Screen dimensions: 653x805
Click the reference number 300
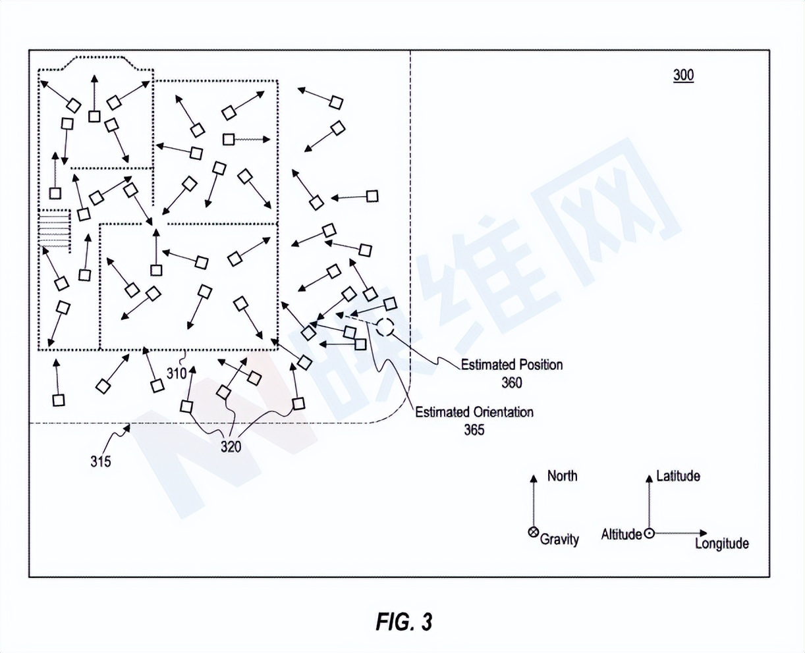point(683,75)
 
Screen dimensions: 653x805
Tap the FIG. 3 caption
point(404,621)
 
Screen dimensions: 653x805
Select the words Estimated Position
point(512,365)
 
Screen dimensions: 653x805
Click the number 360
point(511,382)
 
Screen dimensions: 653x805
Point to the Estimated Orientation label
point(474,412)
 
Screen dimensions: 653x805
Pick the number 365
point(474,430)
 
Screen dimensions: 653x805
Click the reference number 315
point(101,461)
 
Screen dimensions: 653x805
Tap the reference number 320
point(231,447)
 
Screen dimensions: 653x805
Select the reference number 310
point(177,374)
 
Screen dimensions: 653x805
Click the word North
point(562,476)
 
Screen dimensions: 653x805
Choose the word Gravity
point(559,539)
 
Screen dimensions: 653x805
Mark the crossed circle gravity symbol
point(534,533)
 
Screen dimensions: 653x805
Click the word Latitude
point(678,476)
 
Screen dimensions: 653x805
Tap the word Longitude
point(721,544)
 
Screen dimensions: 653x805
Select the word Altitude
point(621,535)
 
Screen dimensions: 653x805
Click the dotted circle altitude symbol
point(649,533)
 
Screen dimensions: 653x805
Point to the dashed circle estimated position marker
point(385,326)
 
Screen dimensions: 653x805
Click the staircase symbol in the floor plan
point(54,228)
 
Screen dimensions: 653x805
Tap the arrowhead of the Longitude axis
point(704,533)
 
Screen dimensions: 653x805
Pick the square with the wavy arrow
point(229,140)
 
